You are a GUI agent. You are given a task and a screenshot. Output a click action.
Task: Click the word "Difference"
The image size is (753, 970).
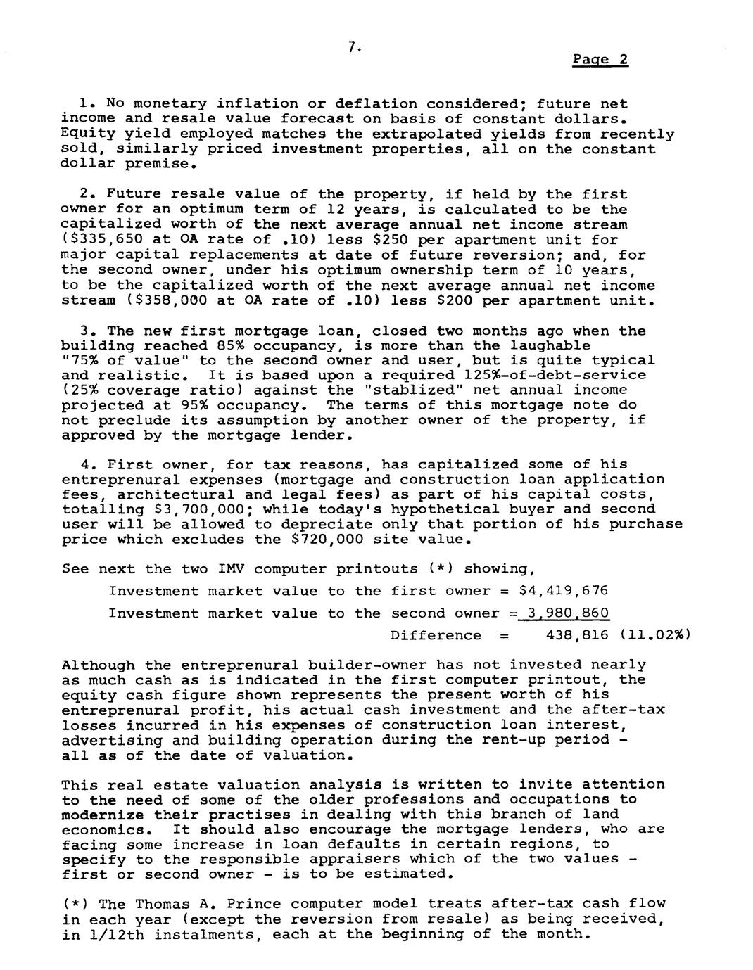(436, 635)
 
